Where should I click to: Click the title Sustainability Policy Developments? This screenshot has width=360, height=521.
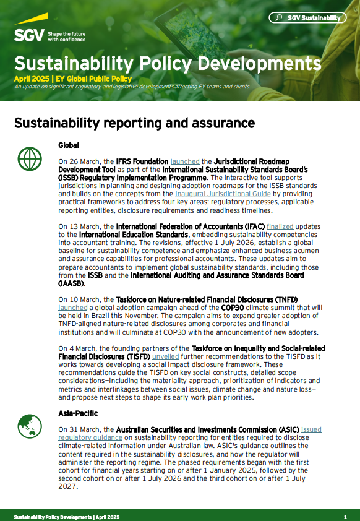click(x=168, y=63)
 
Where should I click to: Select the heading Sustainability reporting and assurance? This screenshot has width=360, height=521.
click(x=134, y=123)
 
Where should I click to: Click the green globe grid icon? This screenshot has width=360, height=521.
click(x=28, y=160)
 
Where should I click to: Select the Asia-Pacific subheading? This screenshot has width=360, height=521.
click(x=77, y=413)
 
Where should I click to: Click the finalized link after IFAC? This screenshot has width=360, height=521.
click(x=280, y=226)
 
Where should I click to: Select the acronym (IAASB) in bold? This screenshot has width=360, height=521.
click(x=71, y=283)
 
